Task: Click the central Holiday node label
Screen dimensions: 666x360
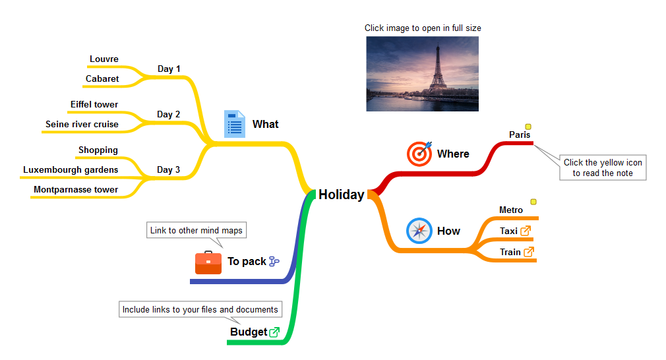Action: click(x=342, y=195)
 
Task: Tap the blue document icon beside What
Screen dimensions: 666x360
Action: click(x=235, y=124)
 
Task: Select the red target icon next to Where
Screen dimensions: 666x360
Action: click(x=419, y=153)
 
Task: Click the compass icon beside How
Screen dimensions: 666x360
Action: click(x=419, y=231)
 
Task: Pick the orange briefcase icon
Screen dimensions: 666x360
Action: click(x=208, y=262)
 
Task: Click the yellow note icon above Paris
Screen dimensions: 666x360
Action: click(x=528, y=127)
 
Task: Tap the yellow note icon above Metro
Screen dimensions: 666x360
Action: click(x=533, y=202)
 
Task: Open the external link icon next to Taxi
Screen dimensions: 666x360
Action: click(x=526, y=231)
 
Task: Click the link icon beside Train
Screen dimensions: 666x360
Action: click(x=529, y=252)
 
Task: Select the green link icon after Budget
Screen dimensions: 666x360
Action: click(x=274, y=332)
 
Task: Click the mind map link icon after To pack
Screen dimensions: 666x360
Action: click(x=274, y=262)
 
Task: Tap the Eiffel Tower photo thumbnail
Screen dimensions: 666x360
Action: click(x=422, y=74)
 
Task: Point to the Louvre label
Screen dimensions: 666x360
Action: click(x=104, y=59)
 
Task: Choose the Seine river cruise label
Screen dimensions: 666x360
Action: click(x=82, y=125)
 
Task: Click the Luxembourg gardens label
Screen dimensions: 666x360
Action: click(x=71, y=170)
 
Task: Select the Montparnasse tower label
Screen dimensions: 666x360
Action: click(x=76, y=190)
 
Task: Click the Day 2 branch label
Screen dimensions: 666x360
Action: click(x=169, y=114)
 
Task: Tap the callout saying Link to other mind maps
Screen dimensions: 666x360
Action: click(x=197, y=230)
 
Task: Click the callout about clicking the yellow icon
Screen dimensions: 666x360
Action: click(x=603, y=167)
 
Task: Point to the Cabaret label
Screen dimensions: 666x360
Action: click(x=102, y=78)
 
